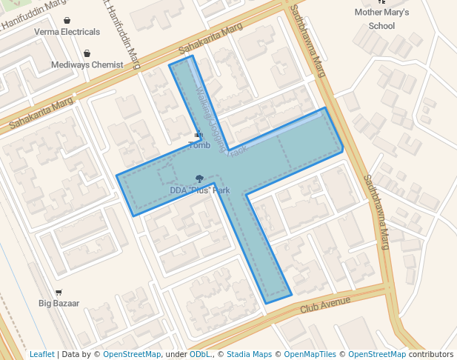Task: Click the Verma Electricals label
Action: [67, 32]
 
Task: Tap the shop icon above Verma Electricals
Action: [67, 21]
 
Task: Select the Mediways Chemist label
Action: [87, 64]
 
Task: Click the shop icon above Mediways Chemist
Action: [87, 53]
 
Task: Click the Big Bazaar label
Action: [59, 303]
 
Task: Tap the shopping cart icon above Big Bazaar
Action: [59, 293]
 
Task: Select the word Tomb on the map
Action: [200, 145]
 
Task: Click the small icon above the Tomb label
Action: [198, 135]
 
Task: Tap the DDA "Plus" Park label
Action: [200, 190]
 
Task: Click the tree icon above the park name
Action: [199, 179]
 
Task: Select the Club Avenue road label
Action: [325, 302]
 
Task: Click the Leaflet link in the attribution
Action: [42, 355]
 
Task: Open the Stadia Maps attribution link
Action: [249, 355]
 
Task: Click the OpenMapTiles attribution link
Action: [310, 355]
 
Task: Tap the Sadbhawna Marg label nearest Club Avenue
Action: [376, 212]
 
